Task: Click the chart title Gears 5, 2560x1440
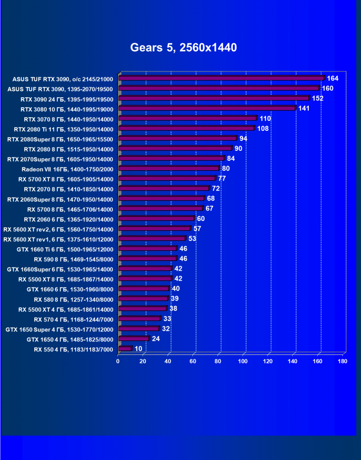click(183, 48)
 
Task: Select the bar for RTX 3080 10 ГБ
click(207, 108)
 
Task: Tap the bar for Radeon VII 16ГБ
click(169, 168)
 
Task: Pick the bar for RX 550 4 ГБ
click(125, 349)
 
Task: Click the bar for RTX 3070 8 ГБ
click(188, 118)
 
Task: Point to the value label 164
click(332, 78)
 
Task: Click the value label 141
click(304, 108)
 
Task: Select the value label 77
click(221, 178)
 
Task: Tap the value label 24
click(156, 339)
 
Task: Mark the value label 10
click(138, 349)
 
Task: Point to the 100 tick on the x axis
click(243, 361)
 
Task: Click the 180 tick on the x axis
click(343, 361)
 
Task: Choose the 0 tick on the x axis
click(118, 361)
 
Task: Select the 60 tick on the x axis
click(193, 361)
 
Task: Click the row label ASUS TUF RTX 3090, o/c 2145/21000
click(63, 79)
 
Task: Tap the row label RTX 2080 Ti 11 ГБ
click(64, 129)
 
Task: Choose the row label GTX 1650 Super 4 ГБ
click(59, 329)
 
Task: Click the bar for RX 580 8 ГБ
click(143, 299)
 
